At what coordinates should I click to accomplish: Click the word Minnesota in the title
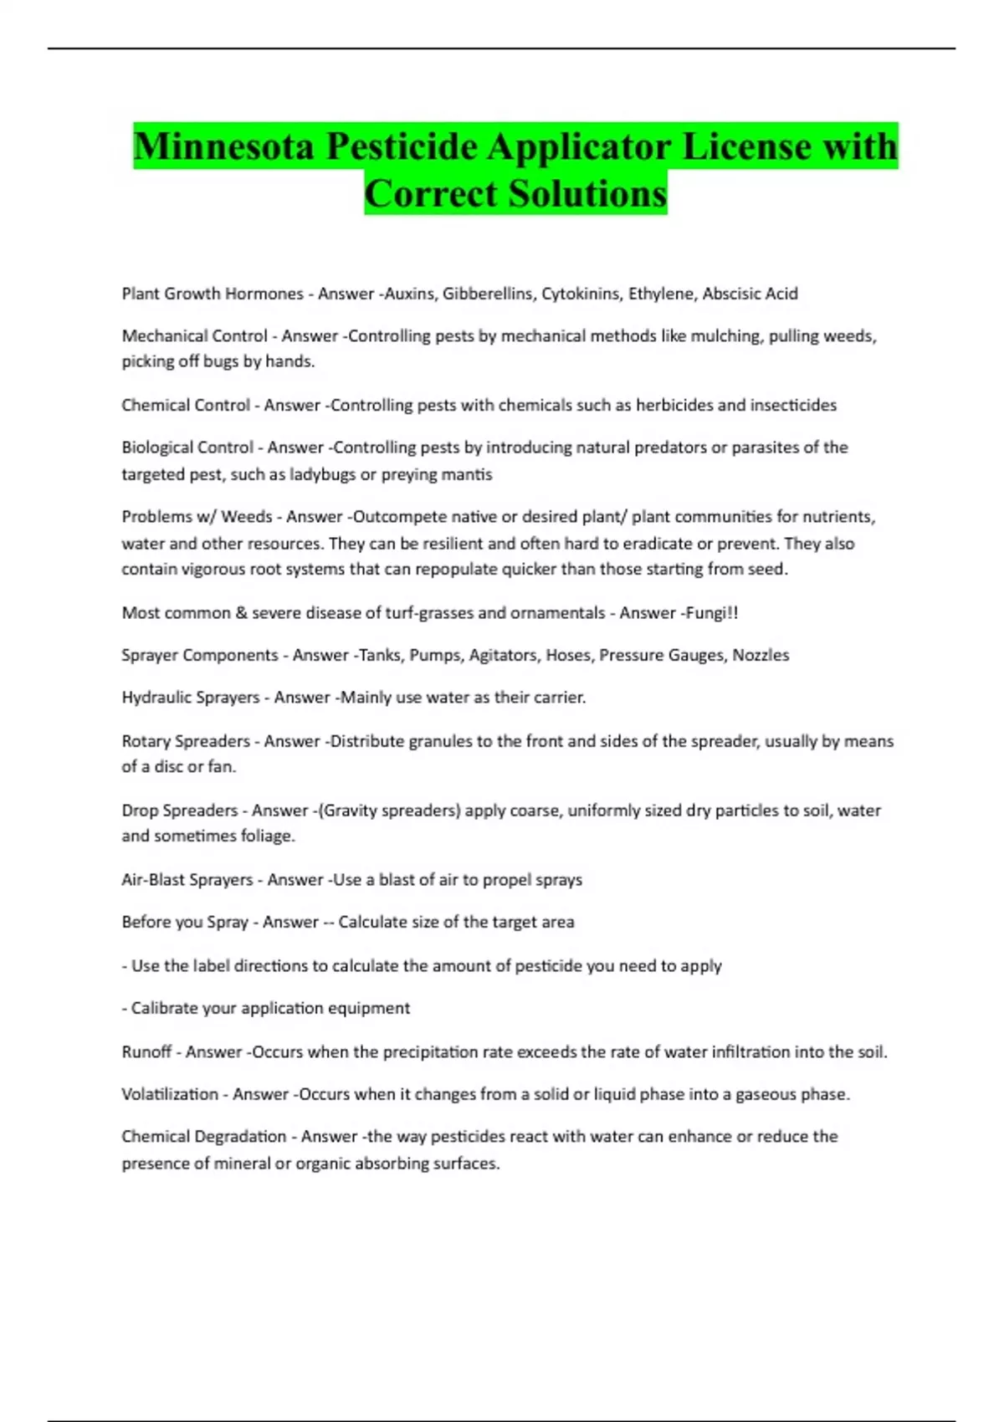tap(223, 147)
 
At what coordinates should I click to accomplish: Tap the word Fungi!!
tap(711, 613)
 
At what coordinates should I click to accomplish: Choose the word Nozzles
tap(761, 655)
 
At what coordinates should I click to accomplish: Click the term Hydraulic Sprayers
tap(191, 698)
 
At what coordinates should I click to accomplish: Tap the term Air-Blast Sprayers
tap(187, 880)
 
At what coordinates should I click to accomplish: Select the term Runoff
tap(146, 1052)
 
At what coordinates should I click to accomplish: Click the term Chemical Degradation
tap(204, 1137)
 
